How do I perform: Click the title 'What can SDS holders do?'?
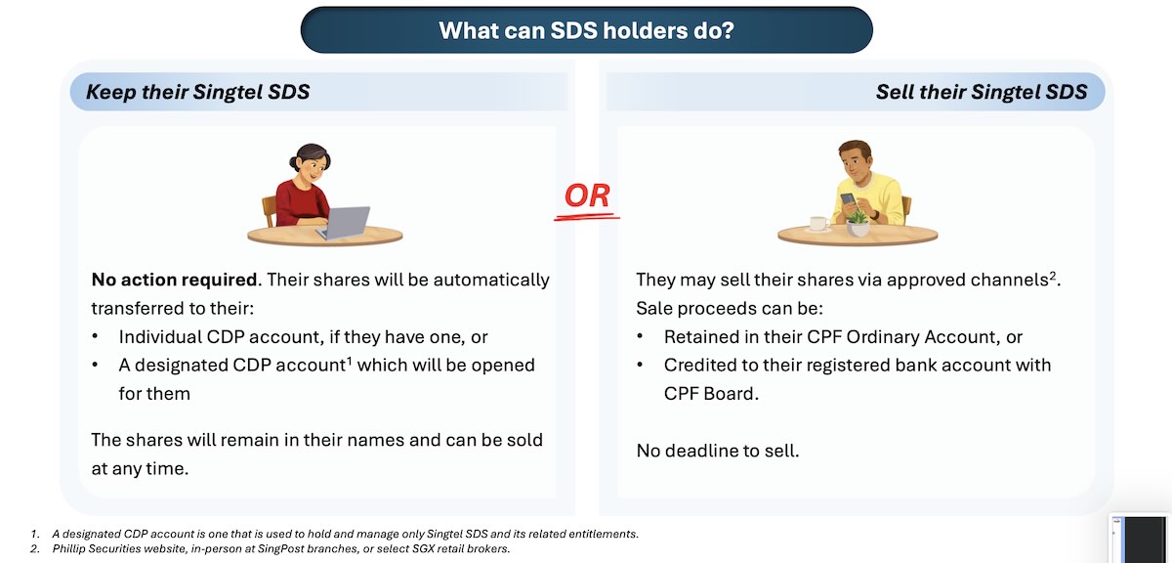587,30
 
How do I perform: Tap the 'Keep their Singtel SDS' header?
197,92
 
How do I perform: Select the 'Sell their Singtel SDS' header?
982,92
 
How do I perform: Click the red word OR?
587,195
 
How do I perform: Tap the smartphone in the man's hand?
848,199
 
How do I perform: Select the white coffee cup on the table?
818,224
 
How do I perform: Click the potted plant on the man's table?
858,224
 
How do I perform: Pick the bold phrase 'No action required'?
174,280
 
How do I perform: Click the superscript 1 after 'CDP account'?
350,361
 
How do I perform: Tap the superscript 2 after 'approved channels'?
1053,275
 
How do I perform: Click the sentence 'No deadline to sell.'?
718,451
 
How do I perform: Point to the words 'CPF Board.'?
711,394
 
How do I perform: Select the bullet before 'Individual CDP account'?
96,337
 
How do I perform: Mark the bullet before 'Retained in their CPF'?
640,337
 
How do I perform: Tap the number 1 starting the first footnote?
34,534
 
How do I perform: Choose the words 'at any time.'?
140,469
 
